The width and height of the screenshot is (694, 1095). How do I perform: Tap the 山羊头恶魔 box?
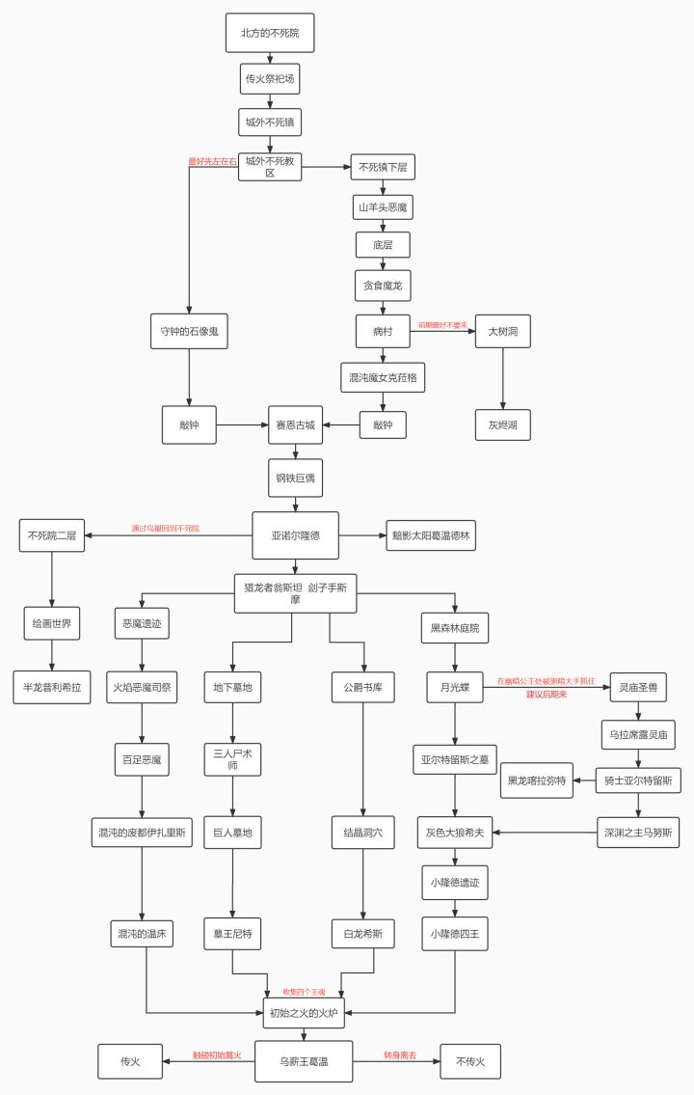click(383, 207)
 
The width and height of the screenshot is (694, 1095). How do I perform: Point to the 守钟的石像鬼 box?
click(189, 332)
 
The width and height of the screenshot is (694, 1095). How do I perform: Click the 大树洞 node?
click(503, 332)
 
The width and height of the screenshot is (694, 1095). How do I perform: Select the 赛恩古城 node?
click(295, 424)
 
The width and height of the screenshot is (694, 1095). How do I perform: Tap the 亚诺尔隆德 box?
click(295, 534)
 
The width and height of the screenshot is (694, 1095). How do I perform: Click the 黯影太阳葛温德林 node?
click(433, 534)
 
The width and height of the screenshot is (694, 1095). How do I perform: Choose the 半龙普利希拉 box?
click(52, 687)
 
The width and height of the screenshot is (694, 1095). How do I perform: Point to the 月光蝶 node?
click(455, 687)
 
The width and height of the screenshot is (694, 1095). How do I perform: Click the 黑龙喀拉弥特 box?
click(536, 780)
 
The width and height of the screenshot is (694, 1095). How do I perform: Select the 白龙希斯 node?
click(363, 933)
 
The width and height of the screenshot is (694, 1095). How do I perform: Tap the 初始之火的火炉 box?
click(304, 1012)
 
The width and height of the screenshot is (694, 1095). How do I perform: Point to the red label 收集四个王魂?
click(304, 991)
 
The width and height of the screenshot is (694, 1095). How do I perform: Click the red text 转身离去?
click(399, 1055)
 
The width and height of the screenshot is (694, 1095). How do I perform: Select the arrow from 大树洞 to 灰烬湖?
click(503, 378)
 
